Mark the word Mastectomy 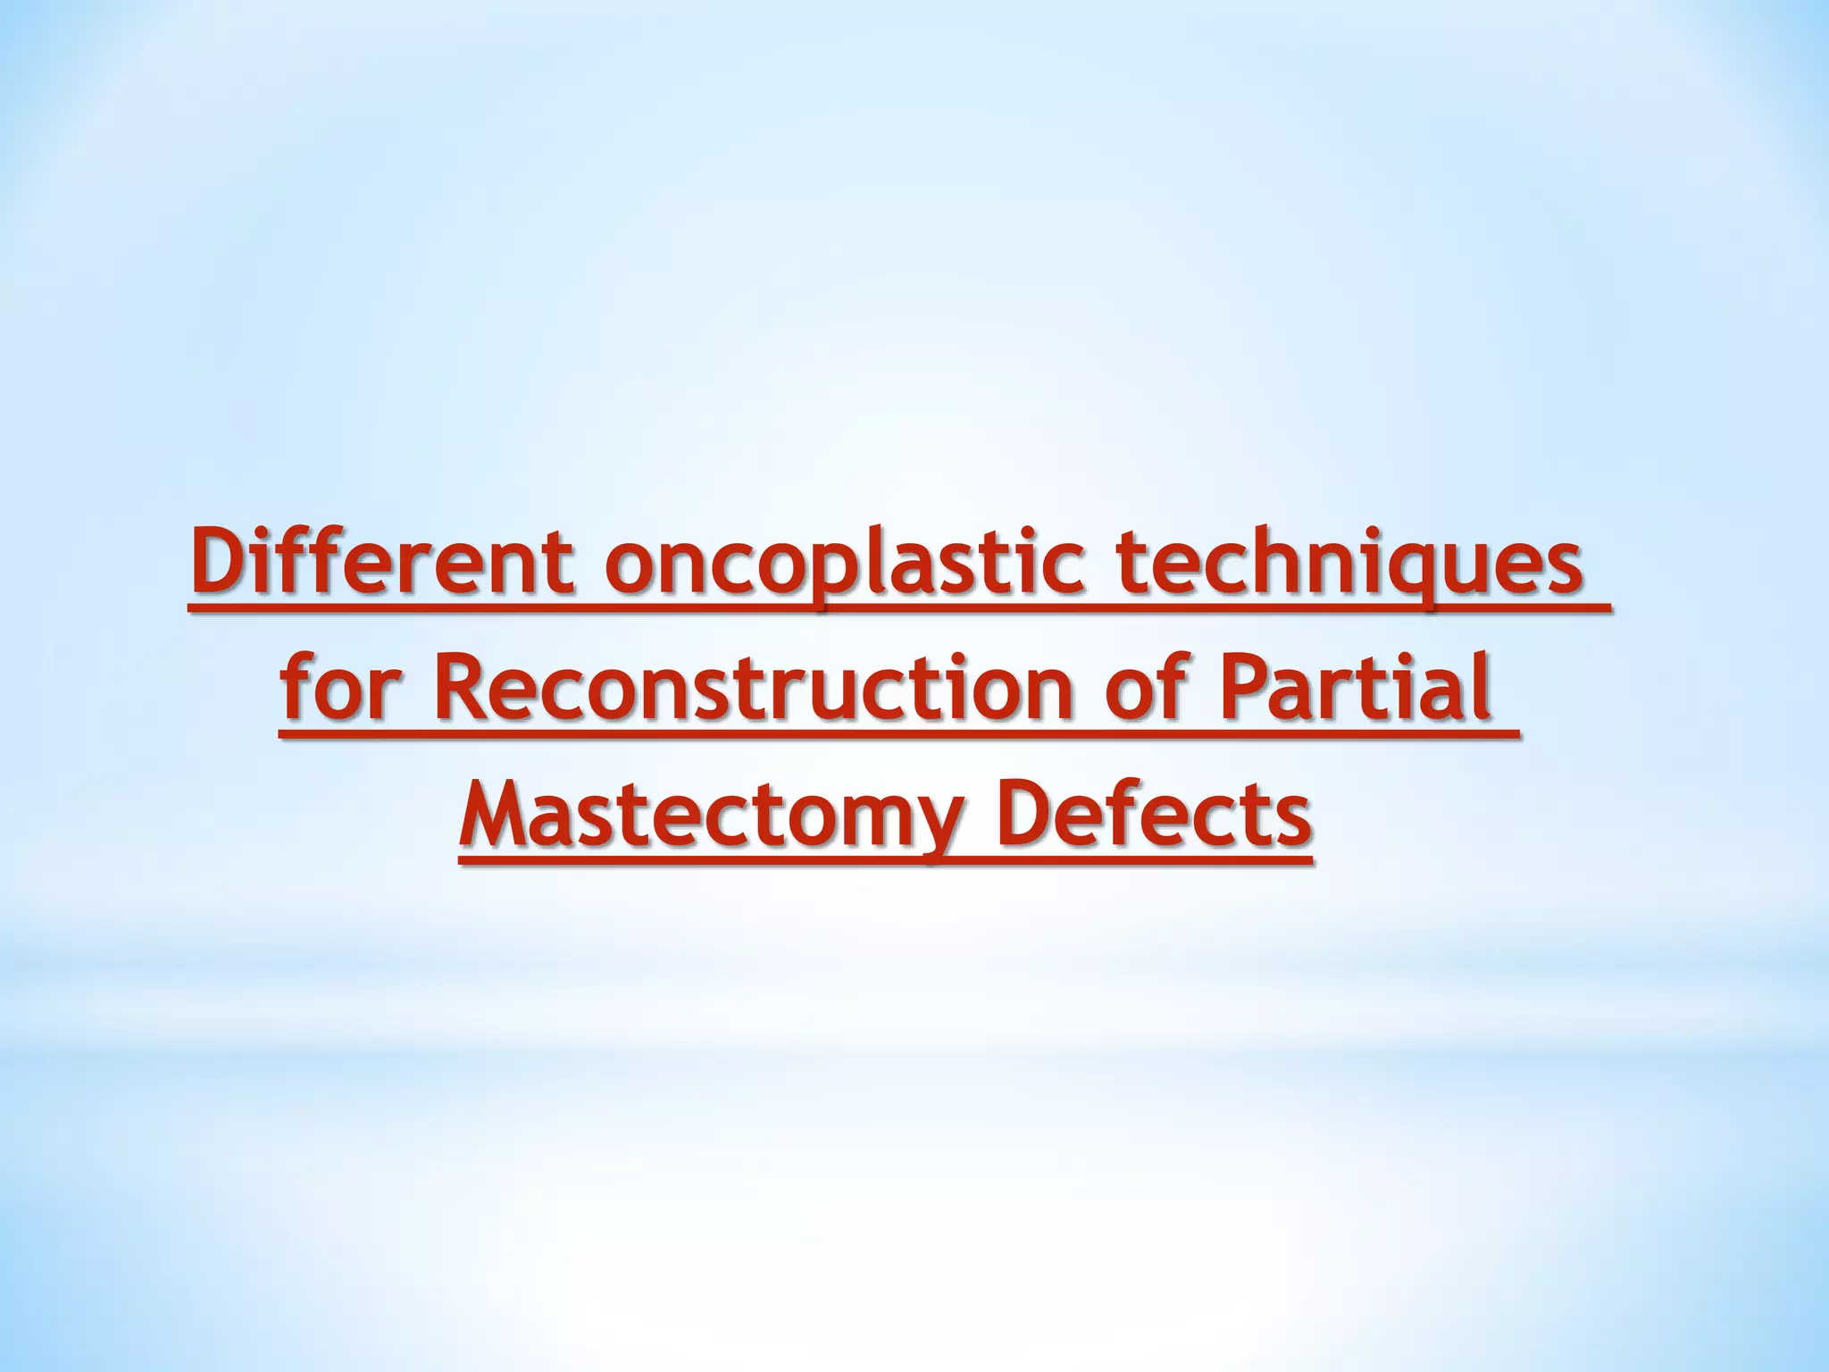click(x=711, y=815)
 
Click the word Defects click(x=1156, y=815)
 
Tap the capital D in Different click(x=219, y=565)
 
